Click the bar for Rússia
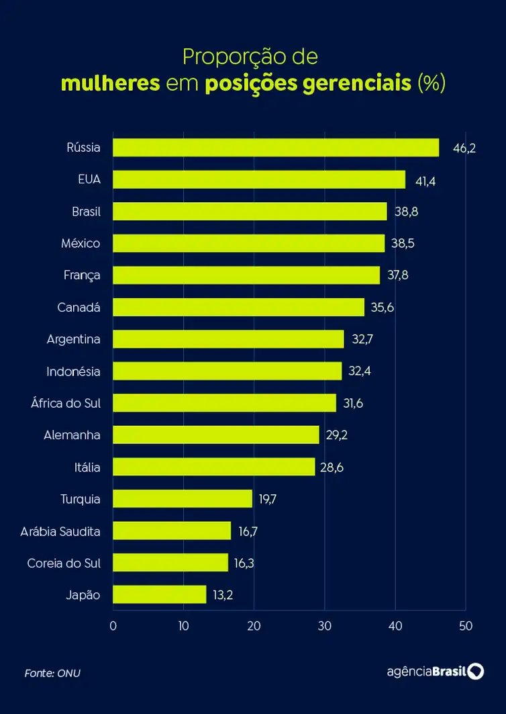(275, 148)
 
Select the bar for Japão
(159, 594)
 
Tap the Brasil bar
(250, 212)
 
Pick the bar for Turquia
(182, 498)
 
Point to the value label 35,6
(383, 308)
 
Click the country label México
(81, 243)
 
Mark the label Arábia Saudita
(60, 531)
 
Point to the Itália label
(87, 467)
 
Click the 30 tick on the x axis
(324, 626)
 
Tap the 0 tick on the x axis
(113, 626)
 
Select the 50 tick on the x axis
(466, 626)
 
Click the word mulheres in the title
(110, 84)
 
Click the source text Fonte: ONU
(52, 672)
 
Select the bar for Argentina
(228, 339)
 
